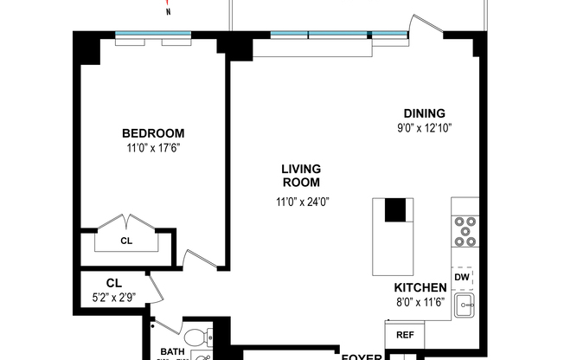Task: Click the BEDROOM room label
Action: click(x=153, y=133)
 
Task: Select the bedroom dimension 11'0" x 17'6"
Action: click(x=153, y=147)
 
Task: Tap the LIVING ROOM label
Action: click(x=300, y=176)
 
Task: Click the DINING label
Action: click(x=424, y=113)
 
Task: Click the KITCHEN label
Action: click(x=420, y=288)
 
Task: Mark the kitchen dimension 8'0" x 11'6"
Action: click(x=420, y=302)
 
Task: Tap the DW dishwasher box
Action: click(x=462, y=276)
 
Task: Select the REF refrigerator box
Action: click(x=404, y=335)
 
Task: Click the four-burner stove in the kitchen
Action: click(x=465, y=231)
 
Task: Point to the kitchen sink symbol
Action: click(x=465, y=303)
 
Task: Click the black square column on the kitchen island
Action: click(x=395, y=209)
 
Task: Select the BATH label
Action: click(x=172, y=350)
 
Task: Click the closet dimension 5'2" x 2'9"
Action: click(x=113, y=296)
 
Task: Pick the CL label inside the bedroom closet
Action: click(x=125, y=241)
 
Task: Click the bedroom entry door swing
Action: click(x=197, y=257)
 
